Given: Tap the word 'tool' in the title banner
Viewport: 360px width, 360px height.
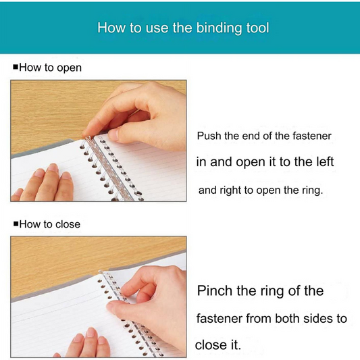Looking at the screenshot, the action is [257, 28].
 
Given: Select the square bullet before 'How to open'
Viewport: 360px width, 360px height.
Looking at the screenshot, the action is [16, 67].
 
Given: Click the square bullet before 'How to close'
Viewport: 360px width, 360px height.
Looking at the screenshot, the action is [16, 224].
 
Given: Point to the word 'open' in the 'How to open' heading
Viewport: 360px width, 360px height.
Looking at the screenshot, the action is [69, 68].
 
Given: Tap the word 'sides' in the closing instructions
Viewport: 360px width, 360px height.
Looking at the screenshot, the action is [318, 318].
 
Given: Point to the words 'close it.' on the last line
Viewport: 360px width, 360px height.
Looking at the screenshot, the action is [218, 344].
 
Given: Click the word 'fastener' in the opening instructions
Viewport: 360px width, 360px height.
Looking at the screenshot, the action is [312, 136].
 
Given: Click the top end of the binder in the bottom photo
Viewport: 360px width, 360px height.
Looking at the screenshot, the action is [101, 272].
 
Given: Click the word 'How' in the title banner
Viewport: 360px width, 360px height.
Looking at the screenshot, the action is [111, 28].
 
